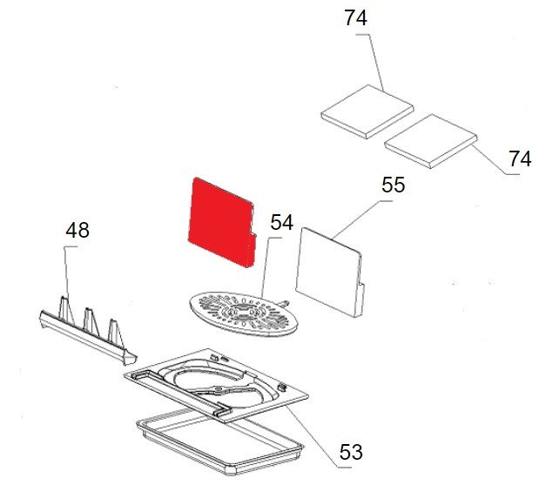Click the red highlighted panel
point(222,222)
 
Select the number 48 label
point(77,230)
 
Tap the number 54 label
point(281,222)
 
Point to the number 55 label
point(394,185)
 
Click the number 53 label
point(351,452)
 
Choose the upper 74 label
point(355,17)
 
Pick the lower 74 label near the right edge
point(520,159)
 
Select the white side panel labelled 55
point(329,272)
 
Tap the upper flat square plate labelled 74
point(367,111)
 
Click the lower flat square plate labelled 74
point(431,141)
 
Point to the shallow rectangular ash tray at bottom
point(220,443)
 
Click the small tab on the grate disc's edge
point(284,303)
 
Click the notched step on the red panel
point(253,234)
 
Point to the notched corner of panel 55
point(360,284)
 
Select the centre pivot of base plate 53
point(218,389)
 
